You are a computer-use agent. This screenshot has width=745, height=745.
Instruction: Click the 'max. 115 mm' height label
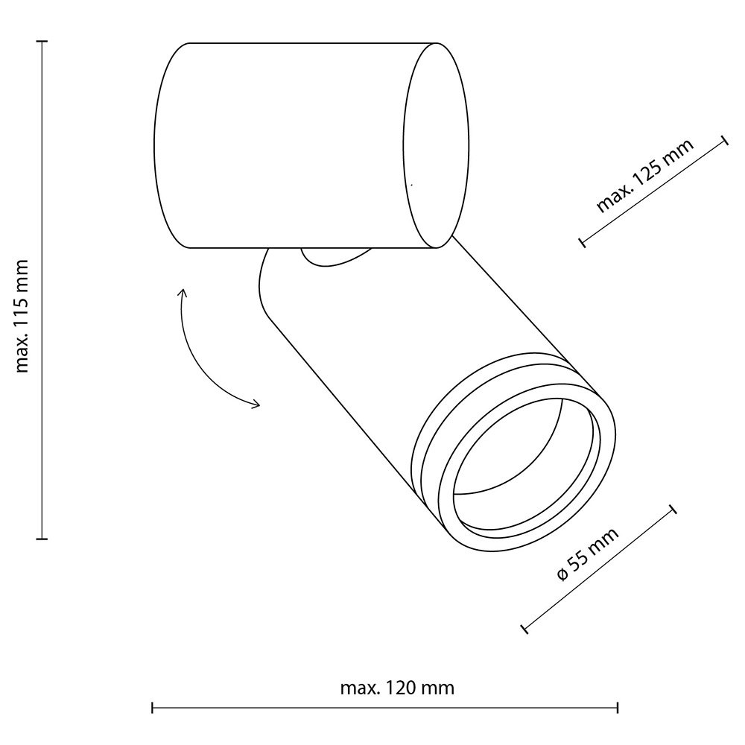22,316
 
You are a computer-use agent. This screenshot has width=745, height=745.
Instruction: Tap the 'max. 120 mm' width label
397,688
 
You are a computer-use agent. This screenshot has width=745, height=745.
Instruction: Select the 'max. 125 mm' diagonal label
644,175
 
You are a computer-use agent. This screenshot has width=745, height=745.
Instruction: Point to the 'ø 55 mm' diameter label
588,554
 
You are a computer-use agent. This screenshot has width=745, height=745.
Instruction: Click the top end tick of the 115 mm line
42,42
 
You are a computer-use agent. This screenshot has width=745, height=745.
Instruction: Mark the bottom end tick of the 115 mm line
42,539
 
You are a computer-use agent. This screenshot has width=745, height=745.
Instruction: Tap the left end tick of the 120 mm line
152,708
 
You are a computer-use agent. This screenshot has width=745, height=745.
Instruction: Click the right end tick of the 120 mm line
618,708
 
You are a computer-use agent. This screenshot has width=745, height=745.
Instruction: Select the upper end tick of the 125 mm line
725,141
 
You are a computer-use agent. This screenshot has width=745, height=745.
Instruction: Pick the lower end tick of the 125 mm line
582,242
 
